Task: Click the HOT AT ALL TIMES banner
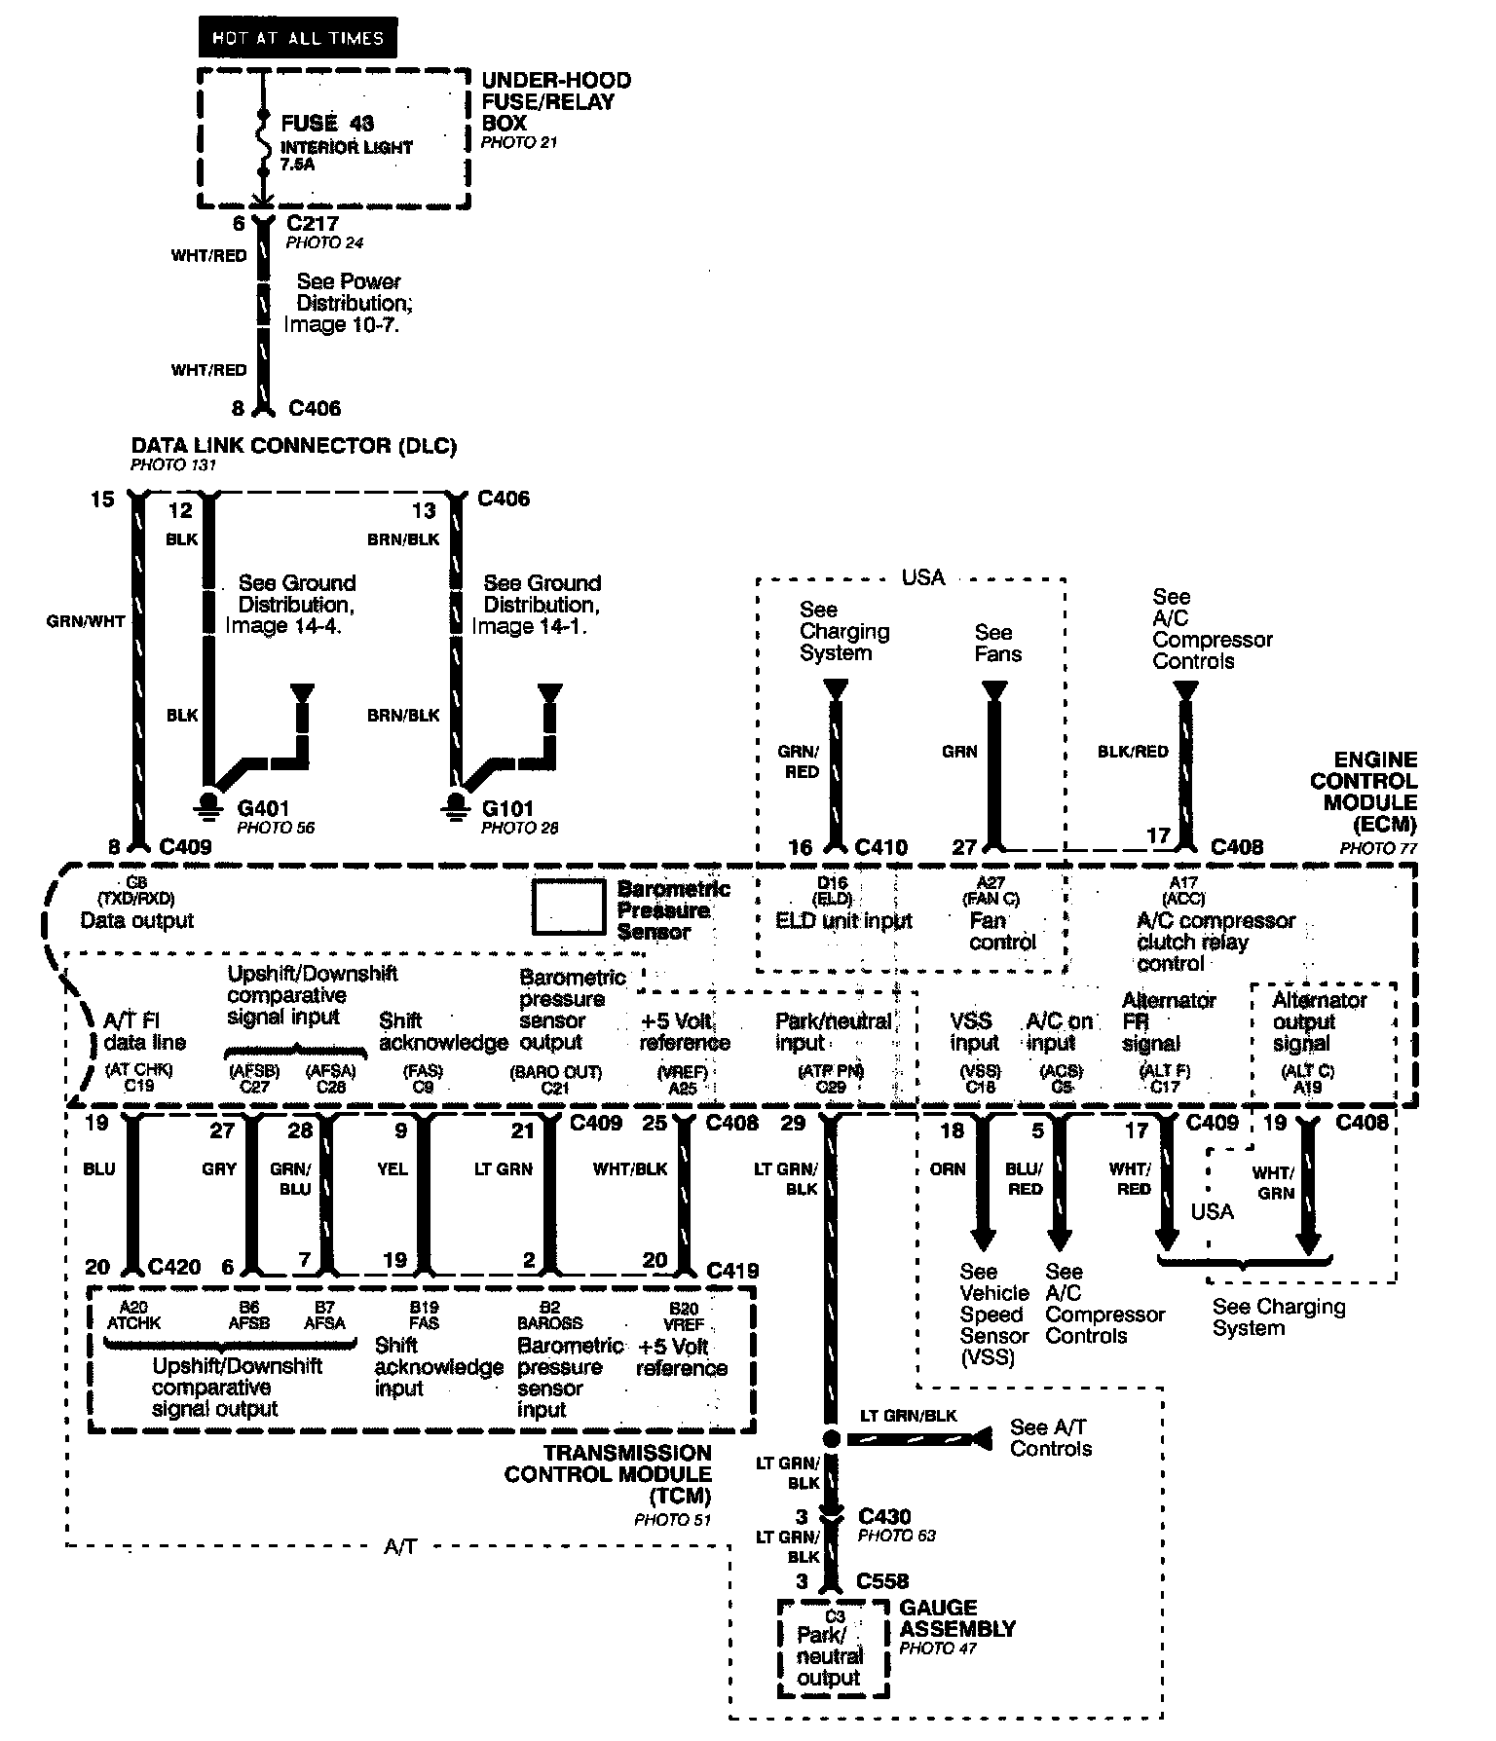[x=298, y=39]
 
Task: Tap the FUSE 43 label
[x=327, y=124]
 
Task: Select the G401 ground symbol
[x=206, y=803]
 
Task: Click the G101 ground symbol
[x=454, y=803]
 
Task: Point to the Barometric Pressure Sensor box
[x=568, y=908]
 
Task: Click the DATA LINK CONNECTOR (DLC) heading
[x=294, y=446]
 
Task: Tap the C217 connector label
[x=313, y=223]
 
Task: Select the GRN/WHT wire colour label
[x=86, y=620]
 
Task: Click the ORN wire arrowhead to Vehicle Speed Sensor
[x=983, y=1239]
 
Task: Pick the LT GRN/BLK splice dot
[x=831, y=1438]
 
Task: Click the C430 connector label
[x=884, y=1516]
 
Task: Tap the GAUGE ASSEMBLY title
[x=957, y=1618]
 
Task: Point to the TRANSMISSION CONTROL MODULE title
[x=608, y=1474]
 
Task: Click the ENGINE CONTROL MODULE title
[x=1364, y=791]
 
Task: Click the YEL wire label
[x=393, y=1168]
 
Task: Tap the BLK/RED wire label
[x=1133, y=752]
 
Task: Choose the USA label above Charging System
[x=922, y=577]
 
